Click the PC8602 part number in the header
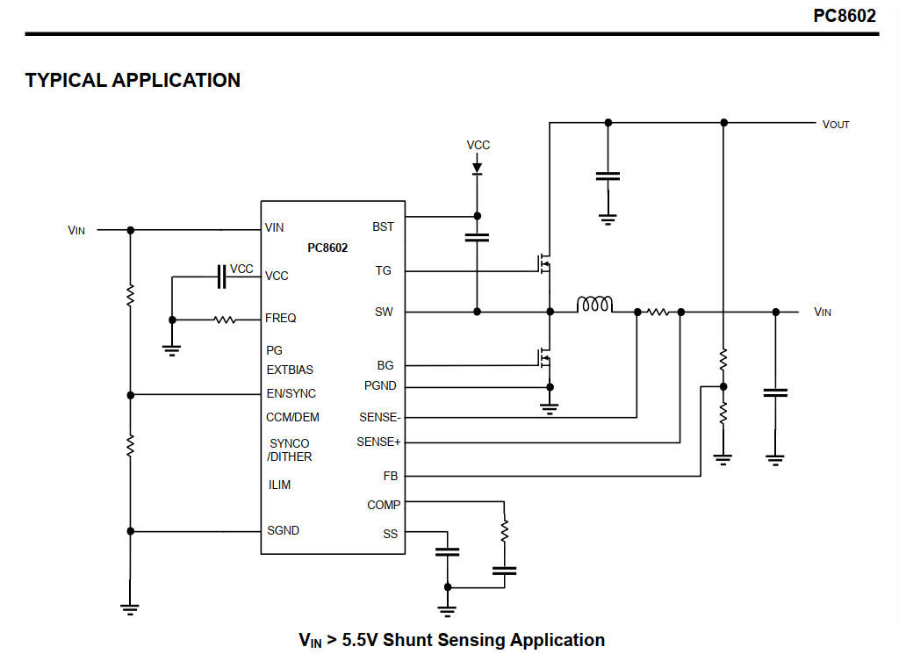point(844,15)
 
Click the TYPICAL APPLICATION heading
point(133,80)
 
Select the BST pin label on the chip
point(383,226)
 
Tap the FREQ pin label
point(281,318)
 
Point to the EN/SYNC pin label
point(291,393)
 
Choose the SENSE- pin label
point(380,418)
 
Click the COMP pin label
point(384,505)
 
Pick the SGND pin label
point(283,530)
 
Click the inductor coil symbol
point(594,305)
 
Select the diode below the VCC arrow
point(478,167)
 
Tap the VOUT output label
point(836,124)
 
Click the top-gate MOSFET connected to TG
point(543,262)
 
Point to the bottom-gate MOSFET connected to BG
point(543,357)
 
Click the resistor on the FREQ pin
point(225,320)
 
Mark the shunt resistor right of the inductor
point(658,312)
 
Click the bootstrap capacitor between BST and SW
point(478,237)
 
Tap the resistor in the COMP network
point(504,530)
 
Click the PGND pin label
point(380,385)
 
